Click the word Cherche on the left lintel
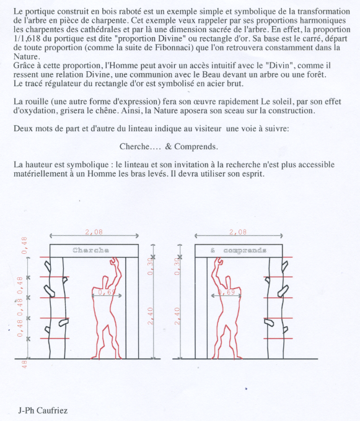pyautogui.click(x=91, y=250)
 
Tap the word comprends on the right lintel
pyautogui.click(x=245, y=251)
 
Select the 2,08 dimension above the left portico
pyautogui.click(x=94, y=232)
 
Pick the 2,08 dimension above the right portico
pyautogui.click(x=238, y=232)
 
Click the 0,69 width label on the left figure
pyautogui.click(x=107, y=292)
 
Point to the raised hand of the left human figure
pyautogui.click(x=114, y=261)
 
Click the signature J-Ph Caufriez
pyautogui.click(x=43, y=410)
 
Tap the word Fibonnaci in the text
pyautogui.click(x=170, y=48)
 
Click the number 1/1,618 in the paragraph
pyautogui.click(x=27, y=38)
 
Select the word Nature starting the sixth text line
pyautogui.click(x=26, y=57)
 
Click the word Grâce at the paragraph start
pyautogui.click(x=25, y=66)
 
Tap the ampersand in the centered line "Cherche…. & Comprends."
pyautogui.click(x=169, y=147)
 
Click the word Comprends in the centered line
pyautogui.click(x=195, y=147)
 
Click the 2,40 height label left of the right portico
pyautogui.click(x=177, y=316)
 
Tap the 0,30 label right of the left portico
pyautogui.click(x=150, y=266)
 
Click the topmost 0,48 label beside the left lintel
pyautogui.click(x=24, y=245)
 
